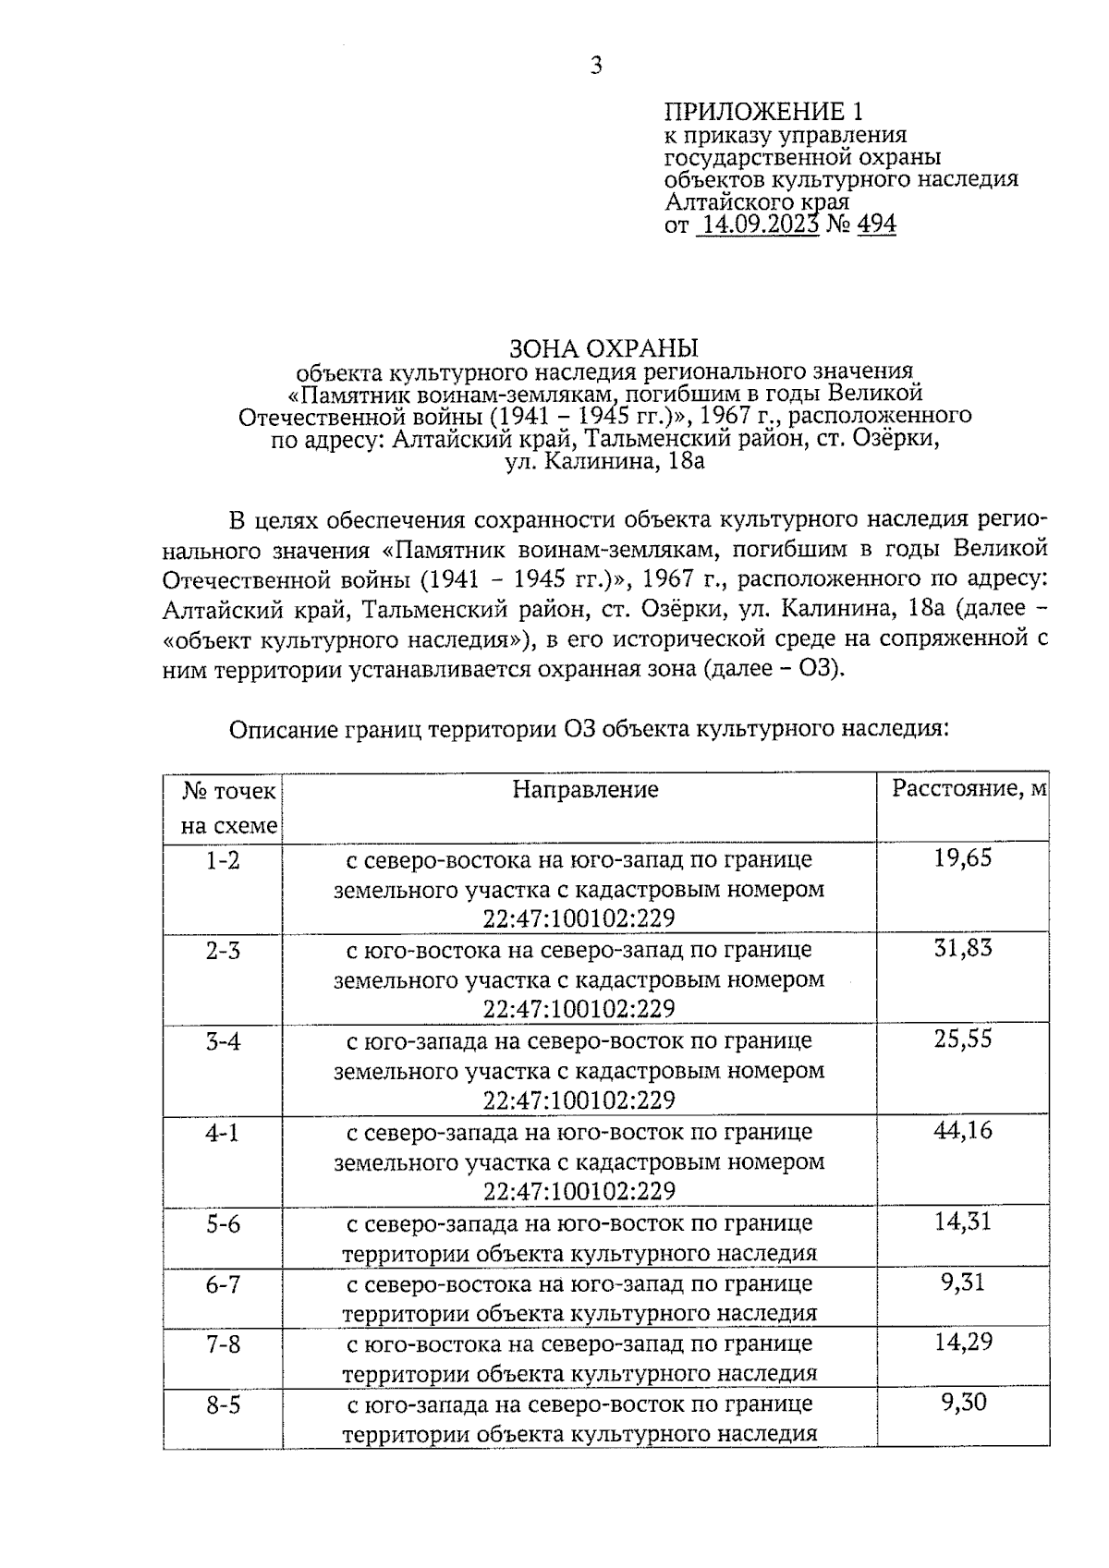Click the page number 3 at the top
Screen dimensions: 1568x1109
(x=596, y=66)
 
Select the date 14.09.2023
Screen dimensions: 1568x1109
(x=757, y=225)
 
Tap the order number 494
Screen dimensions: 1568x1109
(x=876, y=225)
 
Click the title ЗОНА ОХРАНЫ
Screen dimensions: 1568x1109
(x=604, y=348)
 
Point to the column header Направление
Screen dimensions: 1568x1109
(x=585, y=789)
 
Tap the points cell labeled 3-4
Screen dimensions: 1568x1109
(x=223, y=1040)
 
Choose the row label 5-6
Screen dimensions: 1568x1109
(x=223, y=1223)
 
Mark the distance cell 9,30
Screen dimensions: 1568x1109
(x=964, y=1403)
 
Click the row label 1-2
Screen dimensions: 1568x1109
(x=223, y=860)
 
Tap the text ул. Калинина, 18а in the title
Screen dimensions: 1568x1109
(x=604, y=460)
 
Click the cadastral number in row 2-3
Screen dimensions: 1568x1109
(x=579, y=1009)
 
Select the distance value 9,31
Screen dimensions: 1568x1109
(x=964, y=1282)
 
